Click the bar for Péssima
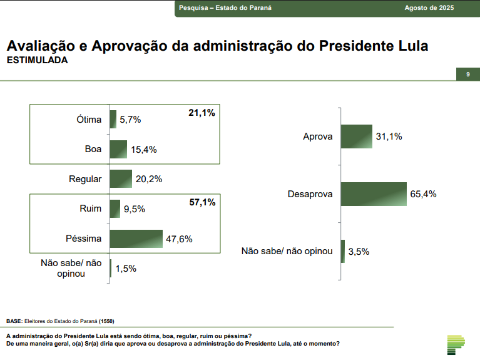pos(136,239)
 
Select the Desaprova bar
pos(374,194)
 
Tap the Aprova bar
pos(355,136)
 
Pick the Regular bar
pos(121,179)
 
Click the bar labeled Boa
pos(118,149)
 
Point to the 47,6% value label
pos(179,239)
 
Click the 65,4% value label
pos(423,194)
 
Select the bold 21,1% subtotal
pos(202,113)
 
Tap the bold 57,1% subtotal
pos(202,202)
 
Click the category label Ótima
pos(88,120)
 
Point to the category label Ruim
pos(91,208)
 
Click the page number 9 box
pos(467,75)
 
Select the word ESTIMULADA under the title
pos(37,61)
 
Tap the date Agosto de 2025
pos(429,9)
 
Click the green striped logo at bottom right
pos(456,344)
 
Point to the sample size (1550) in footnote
pos(106,321)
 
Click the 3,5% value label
pos(359,252)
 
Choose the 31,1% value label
pos(389,136)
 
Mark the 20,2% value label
pos(149,179)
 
